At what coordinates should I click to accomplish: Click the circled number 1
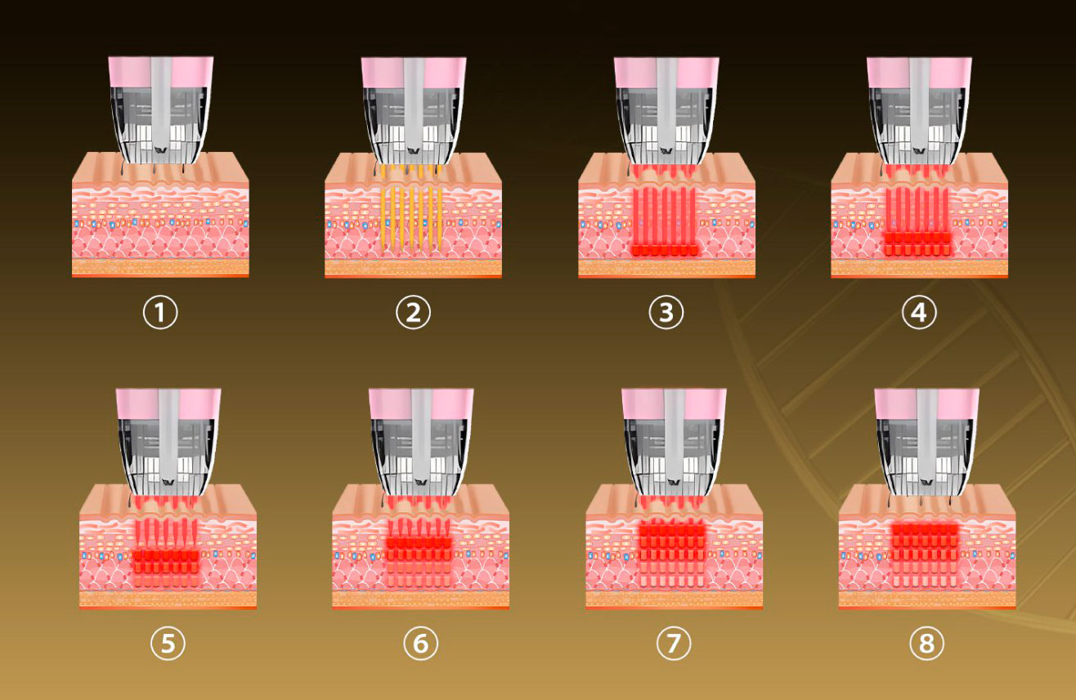[160, 313]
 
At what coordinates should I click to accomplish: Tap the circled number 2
[414, 313]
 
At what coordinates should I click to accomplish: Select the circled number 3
[666, 313]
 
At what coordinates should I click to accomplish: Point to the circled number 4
[919, 313]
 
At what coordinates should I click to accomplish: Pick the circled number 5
[168, 644]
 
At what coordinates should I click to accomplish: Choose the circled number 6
[421, 644]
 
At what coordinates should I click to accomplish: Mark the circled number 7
[674, 644]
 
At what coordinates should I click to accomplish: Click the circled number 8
[926, 644]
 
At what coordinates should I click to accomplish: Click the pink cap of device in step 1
[161, 72]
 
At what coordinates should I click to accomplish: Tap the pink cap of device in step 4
[919, 73]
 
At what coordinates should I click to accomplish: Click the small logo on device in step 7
[674, 482]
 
